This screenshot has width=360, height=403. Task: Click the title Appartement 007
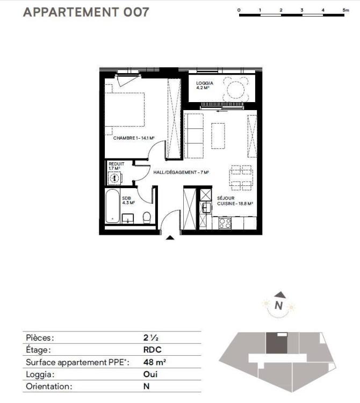coord(86,12)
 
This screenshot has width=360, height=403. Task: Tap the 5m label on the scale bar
coord(345,10)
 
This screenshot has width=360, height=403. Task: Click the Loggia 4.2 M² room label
coord(205,85)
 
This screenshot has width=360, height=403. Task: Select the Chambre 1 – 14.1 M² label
coord(134,138)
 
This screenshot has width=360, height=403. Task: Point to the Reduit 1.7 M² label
coord(116,166)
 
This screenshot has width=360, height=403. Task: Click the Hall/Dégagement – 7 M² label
coord(181,172)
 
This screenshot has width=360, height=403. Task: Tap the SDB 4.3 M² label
coord(128,200)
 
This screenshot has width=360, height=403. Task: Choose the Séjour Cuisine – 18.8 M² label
coord(235,201)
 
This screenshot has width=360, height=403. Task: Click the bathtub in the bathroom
coord(112,206)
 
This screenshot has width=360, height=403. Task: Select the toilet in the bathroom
coord(147,218)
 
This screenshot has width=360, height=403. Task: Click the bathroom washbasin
coord(128,219)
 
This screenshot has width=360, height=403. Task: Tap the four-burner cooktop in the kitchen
coord(225,223)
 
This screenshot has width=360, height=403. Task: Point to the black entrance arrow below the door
coord(170,238)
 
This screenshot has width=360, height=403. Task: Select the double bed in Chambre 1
coord(124,110)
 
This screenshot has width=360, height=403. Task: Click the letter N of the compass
coord(278,305)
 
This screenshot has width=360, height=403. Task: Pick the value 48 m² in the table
coord(154,362)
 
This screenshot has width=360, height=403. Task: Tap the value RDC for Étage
coord(153,350)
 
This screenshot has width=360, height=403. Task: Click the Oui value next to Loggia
coord(150,374)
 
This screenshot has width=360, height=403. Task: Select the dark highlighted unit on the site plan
coord(277,343)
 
